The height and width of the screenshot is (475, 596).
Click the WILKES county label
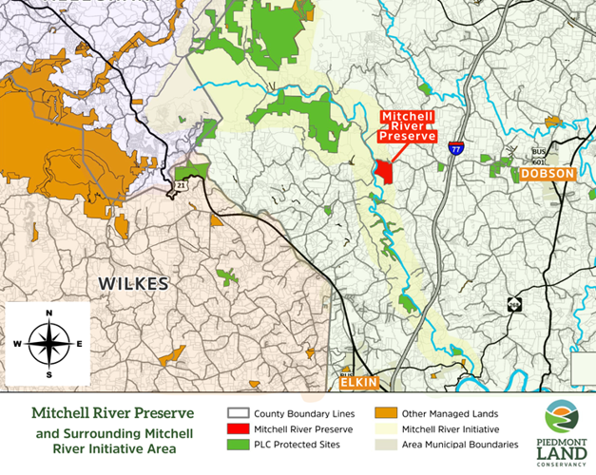pyautogui.click(x=133, y=284)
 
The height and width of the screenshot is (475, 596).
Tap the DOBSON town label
pyautogui.click(x=548, y=174)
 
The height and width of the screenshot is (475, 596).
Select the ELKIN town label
pyautogui.click(x=359, y=383)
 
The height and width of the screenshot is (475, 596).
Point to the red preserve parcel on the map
pyautogui.click(x=385, y=171)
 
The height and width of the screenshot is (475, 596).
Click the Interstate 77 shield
pyautogui.click(x=458, y=149)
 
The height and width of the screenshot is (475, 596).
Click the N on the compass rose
pyautogui.click(x=48, y=313)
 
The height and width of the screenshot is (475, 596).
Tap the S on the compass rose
pyautogui.click(x=48, y=372)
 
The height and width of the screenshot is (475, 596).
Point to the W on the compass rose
pyautogui.click(x=16, y=344)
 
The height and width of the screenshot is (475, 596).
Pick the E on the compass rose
pyautogui.click(x=80, y=344)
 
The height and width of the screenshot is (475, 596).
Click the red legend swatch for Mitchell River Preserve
pyautogui.click(x=238, y=428)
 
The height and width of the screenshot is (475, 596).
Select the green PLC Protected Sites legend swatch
pyautogui.click(x=238, y=444)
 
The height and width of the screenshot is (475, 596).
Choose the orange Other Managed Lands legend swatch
pyautogui.click(x=385, y=413)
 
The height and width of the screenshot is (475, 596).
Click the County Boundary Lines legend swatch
pyautogui.click(x=238, y=413)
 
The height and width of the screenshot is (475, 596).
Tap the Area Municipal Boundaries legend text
pyautogui.click(x=460, y=444)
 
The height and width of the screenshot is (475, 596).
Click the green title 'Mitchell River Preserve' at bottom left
pyautogui.click(x=112, y=414)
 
